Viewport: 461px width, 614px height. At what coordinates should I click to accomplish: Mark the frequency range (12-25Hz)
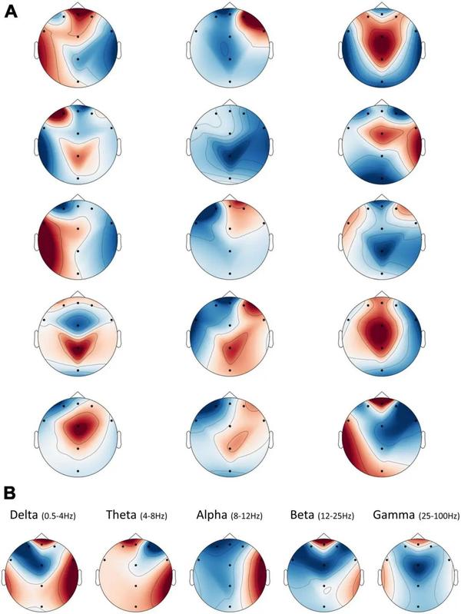pos(336,514)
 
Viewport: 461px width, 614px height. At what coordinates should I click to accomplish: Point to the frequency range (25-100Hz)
pos(433,514)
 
